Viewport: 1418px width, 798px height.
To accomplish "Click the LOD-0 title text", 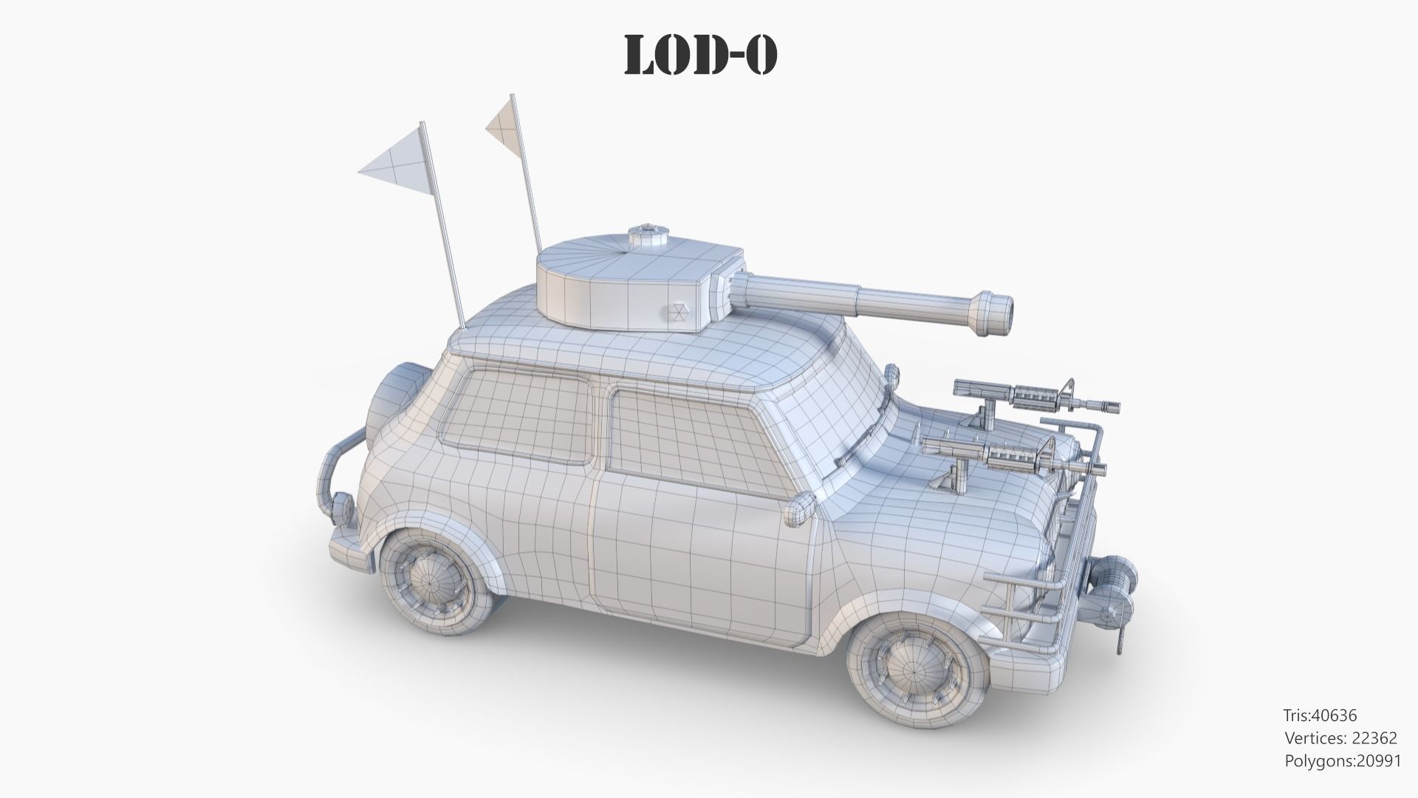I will point(700,55).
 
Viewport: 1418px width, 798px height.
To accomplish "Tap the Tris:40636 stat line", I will point(1320,715).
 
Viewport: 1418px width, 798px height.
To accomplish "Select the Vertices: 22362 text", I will point(1340,737).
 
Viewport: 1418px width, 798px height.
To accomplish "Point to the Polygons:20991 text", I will point(1343,760).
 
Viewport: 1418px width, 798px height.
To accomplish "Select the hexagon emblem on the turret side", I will point(680,313).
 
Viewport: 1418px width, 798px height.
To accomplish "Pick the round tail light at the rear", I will point(342,508).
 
